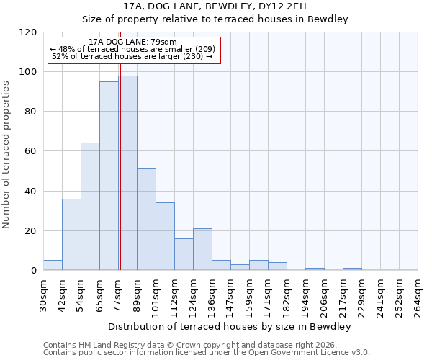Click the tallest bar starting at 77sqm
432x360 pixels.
click(127, 173)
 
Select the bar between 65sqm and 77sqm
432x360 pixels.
click(109, 176)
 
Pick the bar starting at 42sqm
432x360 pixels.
click(71, 234)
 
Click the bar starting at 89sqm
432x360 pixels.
click(146, 220)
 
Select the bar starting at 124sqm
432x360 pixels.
click(202, 249)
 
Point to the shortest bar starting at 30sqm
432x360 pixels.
click(53, 265)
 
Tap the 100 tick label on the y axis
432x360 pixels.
click(27, 72)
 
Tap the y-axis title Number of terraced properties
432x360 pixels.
click(7, 155)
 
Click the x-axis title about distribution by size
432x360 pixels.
click(230, 326)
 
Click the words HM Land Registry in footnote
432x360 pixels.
click(107, 345)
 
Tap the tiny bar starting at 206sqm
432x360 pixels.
click(315, 269)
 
